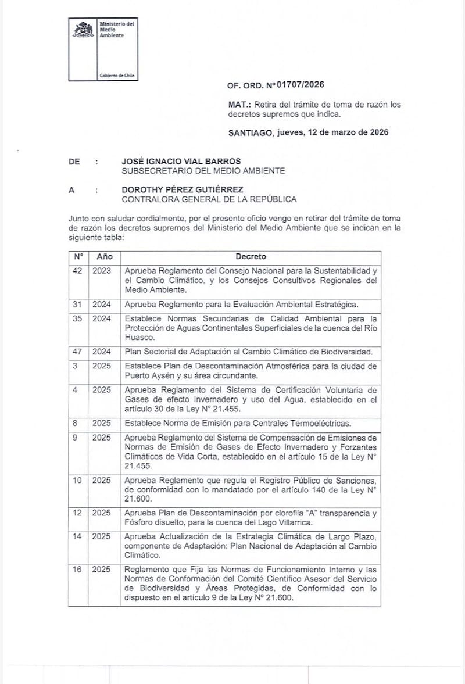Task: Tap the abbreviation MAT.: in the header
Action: (239, 105)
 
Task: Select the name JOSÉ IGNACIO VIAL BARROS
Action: (181, 161)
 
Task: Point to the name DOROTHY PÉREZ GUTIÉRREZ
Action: (183, 189)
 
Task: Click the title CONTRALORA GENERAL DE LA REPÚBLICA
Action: (209, 199)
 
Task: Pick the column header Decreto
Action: (251, 256)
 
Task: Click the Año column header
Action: (105, 256)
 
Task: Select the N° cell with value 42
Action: (78, 271)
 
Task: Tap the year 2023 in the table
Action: (101, 271)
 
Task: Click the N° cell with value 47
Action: (78, 352)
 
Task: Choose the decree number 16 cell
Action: (77, 570)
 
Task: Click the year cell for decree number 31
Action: (101, 304)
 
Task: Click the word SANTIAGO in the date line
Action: (249, 132)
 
